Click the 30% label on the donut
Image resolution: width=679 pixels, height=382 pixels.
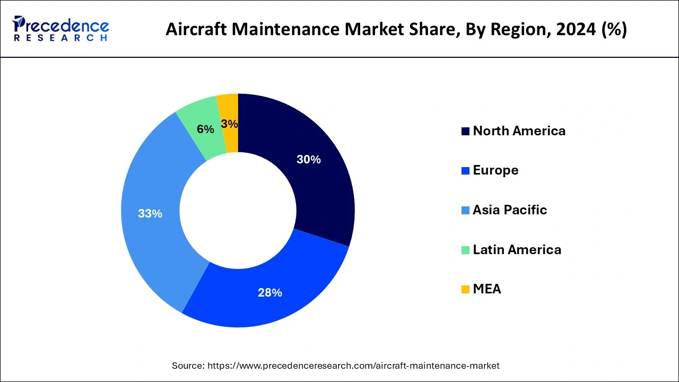tap(309, 159)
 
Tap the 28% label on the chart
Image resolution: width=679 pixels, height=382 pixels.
tap(269, 292)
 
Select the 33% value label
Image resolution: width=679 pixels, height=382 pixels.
tap(150, 214)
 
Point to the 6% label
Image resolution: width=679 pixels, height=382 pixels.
tap(205, 129)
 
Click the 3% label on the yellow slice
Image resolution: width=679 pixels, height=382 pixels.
tap(229, 124)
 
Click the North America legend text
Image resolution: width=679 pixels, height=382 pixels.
tap(519, 131)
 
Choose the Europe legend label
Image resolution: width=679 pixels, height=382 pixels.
tap(495, 170)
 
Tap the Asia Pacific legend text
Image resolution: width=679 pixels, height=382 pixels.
tap(510, 210)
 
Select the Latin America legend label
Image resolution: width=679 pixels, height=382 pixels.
tap(517, 249)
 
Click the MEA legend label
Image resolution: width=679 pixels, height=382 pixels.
tap(487, 289)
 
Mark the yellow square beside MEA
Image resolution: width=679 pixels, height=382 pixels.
tap(465, 290)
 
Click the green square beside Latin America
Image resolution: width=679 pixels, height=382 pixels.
tap(465, 250)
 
